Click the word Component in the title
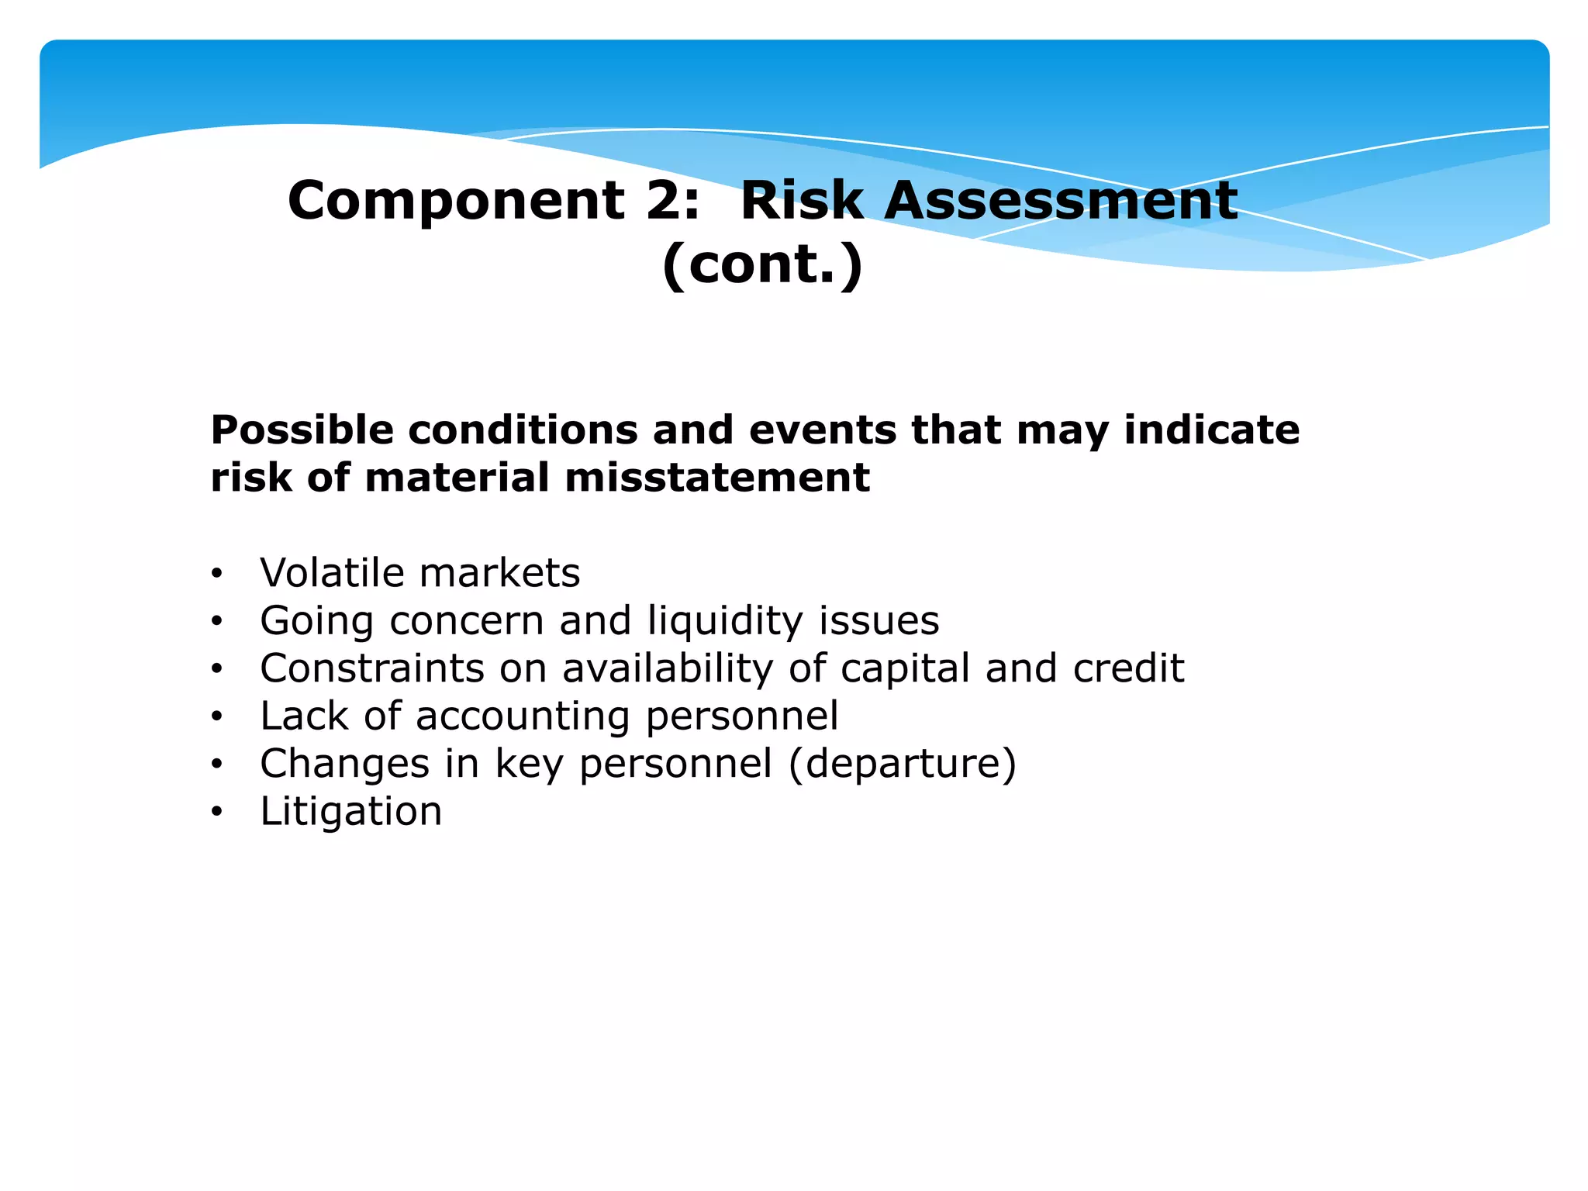click(456, 202)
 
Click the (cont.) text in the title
click(762, 264)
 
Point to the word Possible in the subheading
click(302, 430)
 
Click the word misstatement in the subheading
click(717, 478)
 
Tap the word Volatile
click(332, 573)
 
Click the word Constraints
click(372, 668)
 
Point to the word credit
click(1129, 668)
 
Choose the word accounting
click(523, 716)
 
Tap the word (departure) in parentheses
click(902, 765)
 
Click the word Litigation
click(350, 812)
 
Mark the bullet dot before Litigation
click(217, 813)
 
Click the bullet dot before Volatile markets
click(217, 575)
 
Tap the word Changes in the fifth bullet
click(344, 765)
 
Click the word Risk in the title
click(803, 200)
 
